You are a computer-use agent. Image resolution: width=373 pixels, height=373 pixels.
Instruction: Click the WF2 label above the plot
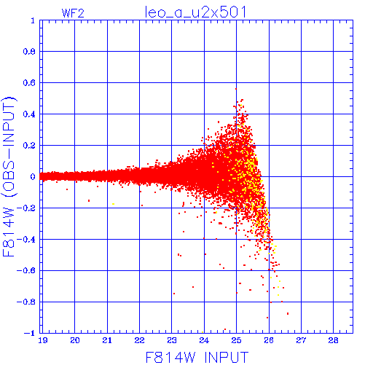click(73, 13)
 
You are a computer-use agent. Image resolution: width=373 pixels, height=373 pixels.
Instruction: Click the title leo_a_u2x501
click(195, 12)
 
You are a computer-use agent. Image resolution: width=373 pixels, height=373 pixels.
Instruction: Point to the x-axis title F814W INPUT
click(197, 357)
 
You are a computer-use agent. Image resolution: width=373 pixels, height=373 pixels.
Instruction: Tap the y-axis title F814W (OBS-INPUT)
click(9, 176)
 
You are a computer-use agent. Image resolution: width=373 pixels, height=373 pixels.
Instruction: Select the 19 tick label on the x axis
click(43, 340)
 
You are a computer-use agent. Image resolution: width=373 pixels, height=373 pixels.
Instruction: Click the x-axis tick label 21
click(107, 340)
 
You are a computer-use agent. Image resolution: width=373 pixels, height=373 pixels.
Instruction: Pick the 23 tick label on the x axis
click(172, 340)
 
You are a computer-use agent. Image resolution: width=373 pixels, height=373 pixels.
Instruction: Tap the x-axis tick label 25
click(236, 340)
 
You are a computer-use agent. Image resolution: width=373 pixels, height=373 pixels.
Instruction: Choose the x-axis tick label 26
click(269, 340)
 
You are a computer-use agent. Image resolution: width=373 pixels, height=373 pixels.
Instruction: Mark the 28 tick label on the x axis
click(333, 340)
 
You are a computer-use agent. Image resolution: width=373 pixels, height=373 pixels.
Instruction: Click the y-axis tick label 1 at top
click(33, 20)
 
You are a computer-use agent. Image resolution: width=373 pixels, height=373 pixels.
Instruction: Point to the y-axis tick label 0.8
click(29, 52)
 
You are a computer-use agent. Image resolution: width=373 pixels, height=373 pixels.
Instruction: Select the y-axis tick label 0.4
click(29, 114)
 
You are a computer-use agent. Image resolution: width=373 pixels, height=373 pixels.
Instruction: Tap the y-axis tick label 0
click(33, 177)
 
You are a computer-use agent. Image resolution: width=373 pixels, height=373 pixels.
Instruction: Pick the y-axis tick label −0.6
click(26, 270)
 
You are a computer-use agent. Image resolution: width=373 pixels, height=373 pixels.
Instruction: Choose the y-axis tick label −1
click(30, 333)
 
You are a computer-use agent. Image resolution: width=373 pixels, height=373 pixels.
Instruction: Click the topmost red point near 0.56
click(236, 89)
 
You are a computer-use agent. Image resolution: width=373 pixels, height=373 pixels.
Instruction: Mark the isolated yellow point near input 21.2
click(113, 204)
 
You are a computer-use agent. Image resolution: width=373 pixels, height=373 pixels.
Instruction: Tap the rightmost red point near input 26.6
click(288, 313)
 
